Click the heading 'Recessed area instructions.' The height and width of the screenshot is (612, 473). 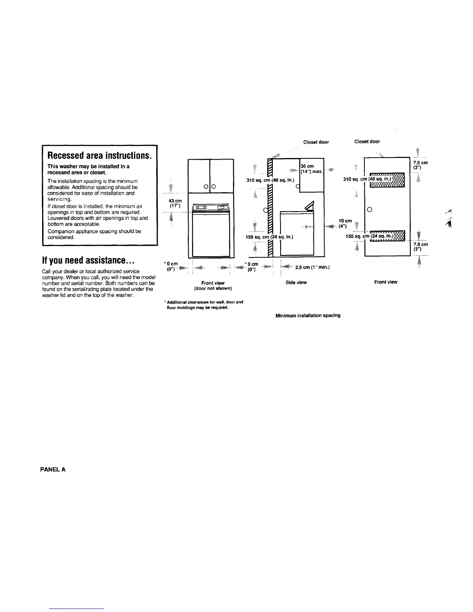pos(99,155)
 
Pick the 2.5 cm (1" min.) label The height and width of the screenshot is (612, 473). pos(312,267)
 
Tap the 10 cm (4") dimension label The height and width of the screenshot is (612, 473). pos(345,223)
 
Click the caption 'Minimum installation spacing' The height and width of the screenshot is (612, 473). pos(308,315)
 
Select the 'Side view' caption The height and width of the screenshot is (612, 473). pos(296,282)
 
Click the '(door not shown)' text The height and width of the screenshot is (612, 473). pos(213,288)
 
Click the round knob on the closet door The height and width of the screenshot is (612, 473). pos(369,210)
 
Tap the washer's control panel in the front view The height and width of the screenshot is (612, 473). pos(211,208)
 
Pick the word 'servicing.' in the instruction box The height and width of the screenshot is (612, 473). pos(59,199)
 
